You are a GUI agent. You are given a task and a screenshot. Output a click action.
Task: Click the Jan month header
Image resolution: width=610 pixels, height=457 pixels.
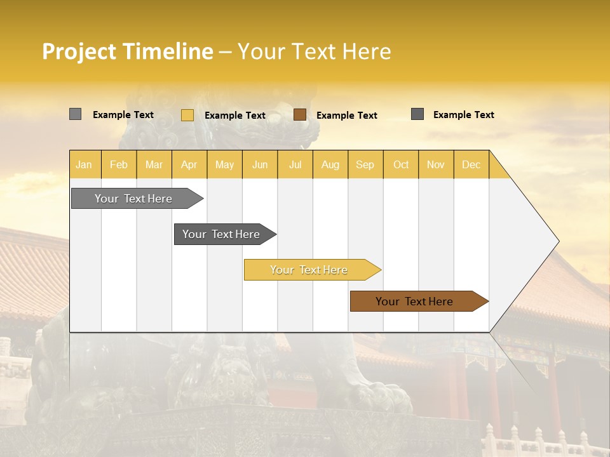(x=84, y=164)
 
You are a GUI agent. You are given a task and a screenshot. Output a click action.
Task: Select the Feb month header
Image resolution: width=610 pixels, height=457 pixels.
(x=119, y=164)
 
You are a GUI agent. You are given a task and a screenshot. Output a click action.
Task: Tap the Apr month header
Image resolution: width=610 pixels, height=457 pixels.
(x=189, y=164)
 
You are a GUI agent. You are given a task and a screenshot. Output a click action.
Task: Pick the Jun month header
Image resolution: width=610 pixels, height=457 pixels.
(x=260, y=164)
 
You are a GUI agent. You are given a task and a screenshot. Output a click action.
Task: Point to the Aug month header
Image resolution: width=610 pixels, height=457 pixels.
(x=330, y=164)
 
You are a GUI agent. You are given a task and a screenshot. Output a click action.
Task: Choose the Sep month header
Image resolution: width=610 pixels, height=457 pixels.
(x=365, y=164)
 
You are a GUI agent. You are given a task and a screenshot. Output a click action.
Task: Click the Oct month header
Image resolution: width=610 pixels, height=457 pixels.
(x=401, y=164)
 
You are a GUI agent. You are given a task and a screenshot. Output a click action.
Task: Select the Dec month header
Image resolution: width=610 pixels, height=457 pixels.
(x=471, y=164)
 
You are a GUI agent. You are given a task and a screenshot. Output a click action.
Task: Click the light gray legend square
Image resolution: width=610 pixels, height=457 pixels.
(x=76, y=114)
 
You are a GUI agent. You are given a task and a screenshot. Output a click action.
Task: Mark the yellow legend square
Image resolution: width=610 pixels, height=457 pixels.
(x=187, y=115)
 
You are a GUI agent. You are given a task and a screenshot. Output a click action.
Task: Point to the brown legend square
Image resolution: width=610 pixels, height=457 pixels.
(x=300, y=115)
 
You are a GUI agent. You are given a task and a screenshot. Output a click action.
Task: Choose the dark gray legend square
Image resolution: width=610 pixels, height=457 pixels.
(x=417, y=114)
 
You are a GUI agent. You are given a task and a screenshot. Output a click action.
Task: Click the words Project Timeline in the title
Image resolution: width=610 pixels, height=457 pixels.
(x=128, y=51)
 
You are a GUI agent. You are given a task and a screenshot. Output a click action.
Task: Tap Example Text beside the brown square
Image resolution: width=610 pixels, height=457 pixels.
(x=347, y=116)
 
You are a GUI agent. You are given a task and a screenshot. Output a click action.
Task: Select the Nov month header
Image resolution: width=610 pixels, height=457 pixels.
(x=436, y=164)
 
